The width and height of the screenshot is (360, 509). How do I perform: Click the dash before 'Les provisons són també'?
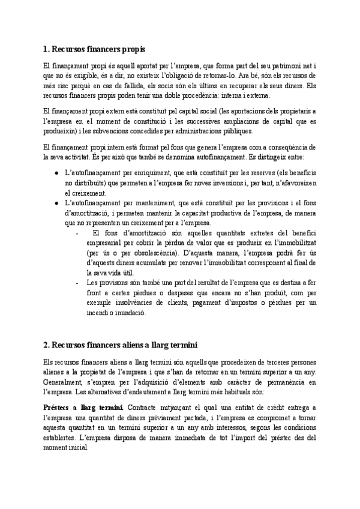(77, 282)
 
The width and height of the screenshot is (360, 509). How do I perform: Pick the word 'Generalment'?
(65, 382)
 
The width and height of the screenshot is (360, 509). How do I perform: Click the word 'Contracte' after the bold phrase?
(147, 408)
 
